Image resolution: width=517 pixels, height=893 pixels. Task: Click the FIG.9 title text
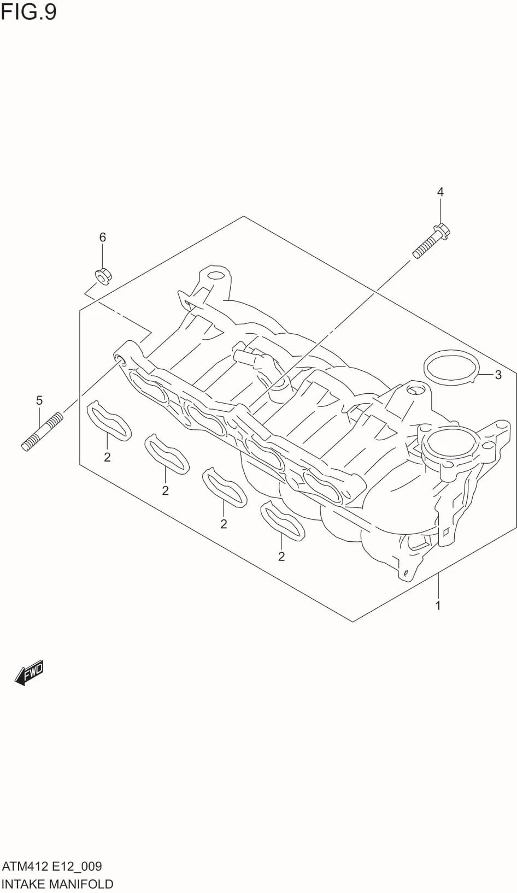pos(28,11)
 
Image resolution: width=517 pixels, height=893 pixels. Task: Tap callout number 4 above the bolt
pos(440,192)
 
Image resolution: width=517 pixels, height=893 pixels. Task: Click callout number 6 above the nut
pos(102,237)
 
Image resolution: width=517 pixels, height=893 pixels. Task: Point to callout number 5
pos(39,400)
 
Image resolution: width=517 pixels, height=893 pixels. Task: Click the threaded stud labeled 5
pos(42,433)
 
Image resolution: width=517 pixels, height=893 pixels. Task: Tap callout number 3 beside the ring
pos(497,375)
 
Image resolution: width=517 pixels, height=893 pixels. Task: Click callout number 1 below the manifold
pos(438,605)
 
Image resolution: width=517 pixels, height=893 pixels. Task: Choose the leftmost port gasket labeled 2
pos(110,419)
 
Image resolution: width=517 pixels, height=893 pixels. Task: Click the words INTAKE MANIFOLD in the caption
pos(57,884)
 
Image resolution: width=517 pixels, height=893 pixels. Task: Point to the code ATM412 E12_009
pos(52,866)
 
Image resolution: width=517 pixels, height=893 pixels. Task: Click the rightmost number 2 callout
pos(281,557)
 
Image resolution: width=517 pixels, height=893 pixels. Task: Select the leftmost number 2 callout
pos(107,457)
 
